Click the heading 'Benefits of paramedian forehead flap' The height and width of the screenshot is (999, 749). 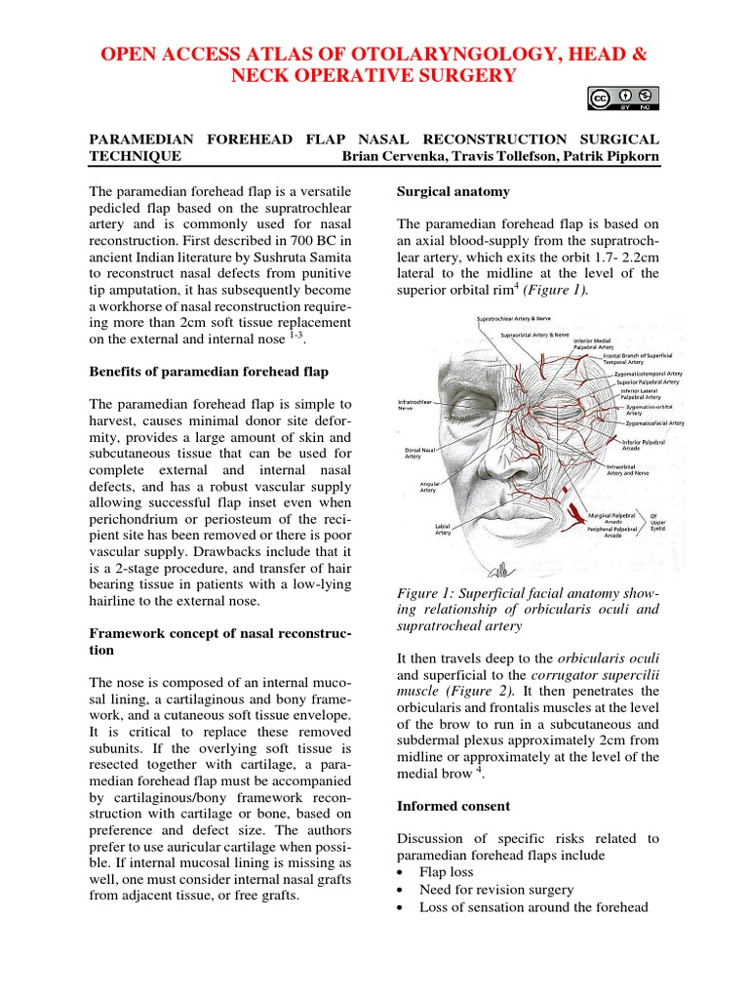[208, 371]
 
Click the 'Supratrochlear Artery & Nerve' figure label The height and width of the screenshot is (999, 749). [518, 319]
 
